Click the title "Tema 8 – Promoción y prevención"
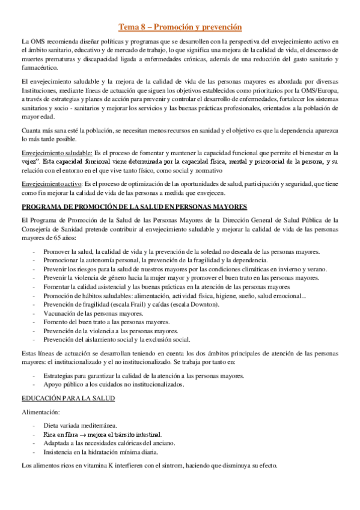(x=180, y=26)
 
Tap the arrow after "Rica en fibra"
(x=83, y=434)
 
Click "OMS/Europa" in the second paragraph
(x=322, y=90)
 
